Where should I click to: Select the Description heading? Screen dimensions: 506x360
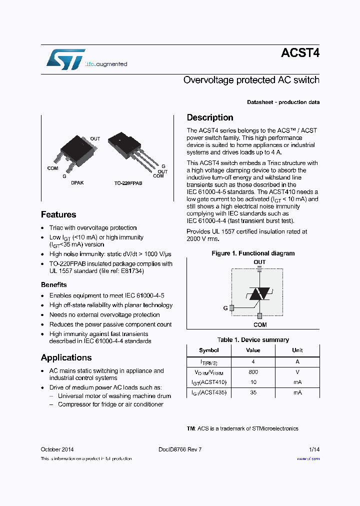click(210, 117)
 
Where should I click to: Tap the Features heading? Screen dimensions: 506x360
click(58, 214)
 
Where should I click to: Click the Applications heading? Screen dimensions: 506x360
click(66, 357)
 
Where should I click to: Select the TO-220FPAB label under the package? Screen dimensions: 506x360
click(128, 183)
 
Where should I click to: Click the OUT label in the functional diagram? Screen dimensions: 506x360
click(259, 262)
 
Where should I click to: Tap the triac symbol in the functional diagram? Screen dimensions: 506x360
click(259, 294)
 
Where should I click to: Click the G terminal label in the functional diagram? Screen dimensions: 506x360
click(225, 308)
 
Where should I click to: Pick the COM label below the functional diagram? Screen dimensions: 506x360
click(260, 325)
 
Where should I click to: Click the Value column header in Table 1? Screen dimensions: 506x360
click(253, 350)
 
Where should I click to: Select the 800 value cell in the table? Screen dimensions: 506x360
click(253, 372)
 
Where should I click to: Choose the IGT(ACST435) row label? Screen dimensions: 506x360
click(209, 393)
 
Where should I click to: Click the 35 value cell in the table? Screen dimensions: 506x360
click(253, 393)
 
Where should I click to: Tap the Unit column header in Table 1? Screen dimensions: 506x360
click(297, 350)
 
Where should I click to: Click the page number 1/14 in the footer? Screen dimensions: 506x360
click(314, 449)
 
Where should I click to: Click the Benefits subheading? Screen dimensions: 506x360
click(54, 284)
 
